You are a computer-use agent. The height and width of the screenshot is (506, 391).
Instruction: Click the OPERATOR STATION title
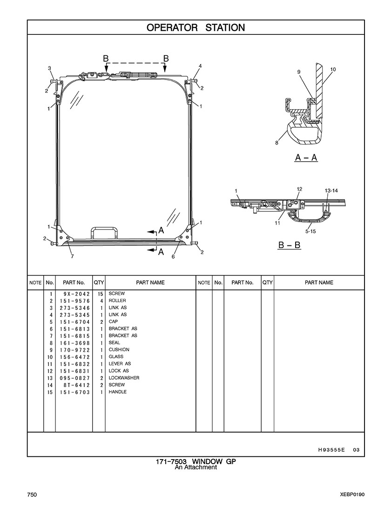point(195,27)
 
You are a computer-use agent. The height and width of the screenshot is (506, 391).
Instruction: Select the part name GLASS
point(116,356)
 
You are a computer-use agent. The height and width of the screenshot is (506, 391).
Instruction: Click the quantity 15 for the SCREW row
point(100,294)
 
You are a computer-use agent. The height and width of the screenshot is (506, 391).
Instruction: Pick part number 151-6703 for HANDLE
point(74,392)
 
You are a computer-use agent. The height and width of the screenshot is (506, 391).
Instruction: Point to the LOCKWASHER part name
point(124,378)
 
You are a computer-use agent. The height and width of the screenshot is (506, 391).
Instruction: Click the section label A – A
point(306,158)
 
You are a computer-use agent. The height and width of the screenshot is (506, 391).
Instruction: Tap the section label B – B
point(290,245)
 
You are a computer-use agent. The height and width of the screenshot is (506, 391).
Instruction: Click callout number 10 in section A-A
point(333,69)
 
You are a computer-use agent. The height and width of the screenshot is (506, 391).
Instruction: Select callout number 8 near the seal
point(276,143)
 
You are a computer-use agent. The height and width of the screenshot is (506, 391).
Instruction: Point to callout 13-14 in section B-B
point(331,191)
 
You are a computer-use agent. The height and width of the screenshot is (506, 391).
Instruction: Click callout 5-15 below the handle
point(310,231)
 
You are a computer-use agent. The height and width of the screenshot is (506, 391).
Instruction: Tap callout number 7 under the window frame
point(72,256)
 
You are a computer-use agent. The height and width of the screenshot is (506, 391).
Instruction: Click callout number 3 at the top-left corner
point(49,68)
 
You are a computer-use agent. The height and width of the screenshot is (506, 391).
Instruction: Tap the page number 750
point(32,495)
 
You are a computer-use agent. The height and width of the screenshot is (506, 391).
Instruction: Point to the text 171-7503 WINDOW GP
point(196,461)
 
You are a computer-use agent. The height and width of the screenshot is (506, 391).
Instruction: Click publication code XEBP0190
point(352,495)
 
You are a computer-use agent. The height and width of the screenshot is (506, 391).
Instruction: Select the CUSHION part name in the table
point(119,349)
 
